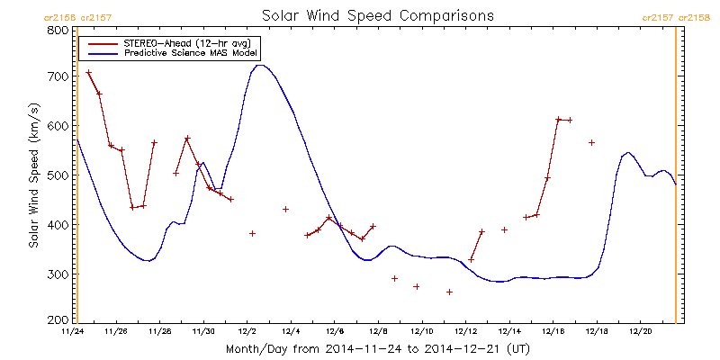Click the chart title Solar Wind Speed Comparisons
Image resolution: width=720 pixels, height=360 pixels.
377,15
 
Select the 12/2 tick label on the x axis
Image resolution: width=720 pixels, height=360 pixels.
247,331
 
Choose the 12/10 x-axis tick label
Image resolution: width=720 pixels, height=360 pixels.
421,331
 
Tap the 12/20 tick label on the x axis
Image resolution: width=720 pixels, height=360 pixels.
640,331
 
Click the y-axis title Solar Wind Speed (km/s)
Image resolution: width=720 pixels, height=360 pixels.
33,175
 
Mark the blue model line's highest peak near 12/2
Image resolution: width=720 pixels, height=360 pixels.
259,65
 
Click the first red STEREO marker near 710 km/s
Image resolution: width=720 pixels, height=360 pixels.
88,72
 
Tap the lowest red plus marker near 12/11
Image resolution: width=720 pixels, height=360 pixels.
449,292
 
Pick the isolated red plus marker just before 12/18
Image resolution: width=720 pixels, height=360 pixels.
591,142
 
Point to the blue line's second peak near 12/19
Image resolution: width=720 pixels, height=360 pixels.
627,152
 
